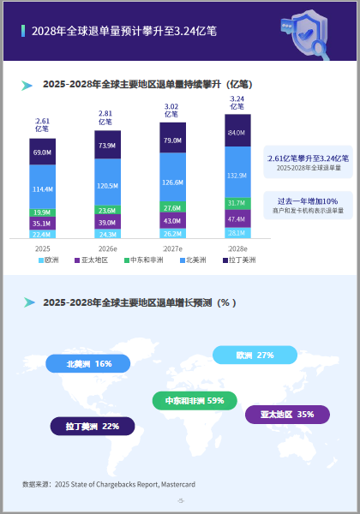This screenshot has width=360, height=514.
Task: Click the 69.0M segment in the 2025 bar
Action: point(42,152)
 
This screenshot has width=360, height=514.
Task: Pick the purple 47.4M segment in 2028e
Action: point(237,218)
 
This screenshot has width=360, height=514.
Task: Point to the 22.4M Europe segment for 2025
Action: point(42,234)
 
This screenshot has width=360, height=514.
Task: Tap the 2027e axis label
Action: point(173,248)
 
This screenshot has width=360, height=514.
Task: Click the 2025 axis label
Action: point(43,248)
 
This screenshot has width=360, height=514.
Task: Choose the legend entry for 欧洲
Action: point(49,260)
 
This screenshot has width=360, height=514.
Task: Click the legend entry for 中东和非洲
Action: point(144,260)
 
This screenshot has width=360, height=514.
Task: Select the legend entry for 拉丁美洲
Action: point(239,260)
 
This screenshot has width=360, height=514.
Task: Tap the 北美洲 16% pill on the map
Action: point(88,363)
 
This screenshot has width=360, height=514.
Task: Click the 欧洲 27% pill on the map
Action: point(255,355)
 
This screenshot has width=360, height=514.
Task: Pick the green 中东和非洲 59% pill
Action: point(195,401)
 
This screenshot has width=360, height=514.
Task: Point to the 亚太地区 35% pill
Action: point(287,415)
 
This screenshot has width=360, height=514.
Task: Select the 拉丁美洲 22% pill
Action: point(93,426)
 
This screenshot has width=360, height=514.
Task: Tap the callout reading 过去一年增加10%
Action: point(309,206)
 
